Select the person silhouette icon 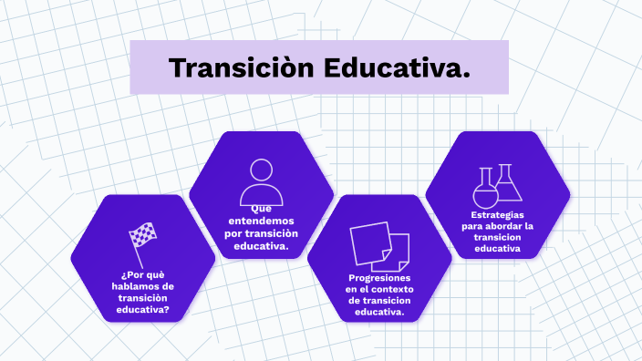click(x=261, y=181)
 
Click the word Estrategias click(x=498, y=215)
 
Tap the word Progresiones click(x=379, y=278)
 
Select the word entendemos click(x=262, y=222)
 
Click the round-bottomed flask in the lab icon click(x=484, y=191)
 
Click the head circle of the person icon click(x=261, y=170)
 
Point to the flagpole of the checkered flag click(x=138, y=251)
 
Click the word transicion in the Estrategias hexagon click(x=498, y=237)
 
